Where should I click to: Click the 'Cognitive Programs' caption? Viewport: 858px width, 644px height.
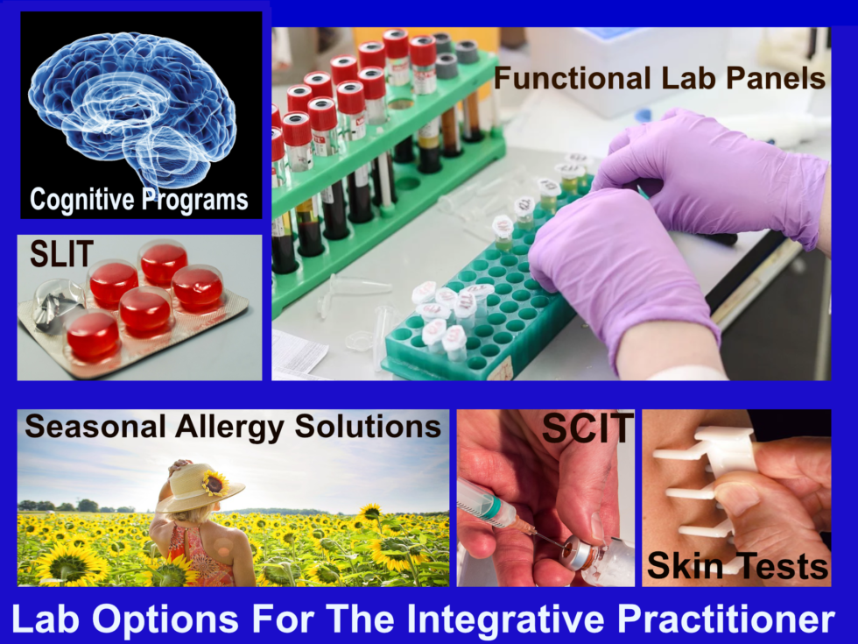click(x=139, y=199)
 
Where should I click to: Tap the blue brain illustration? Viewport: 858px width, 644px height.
click(x=131, y=101)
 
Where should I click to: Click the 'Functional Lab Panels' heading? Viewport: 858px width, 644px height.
click(x=659, y=78)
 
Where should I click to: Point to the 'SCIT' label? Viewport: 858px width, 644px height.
click(x=587, y=428)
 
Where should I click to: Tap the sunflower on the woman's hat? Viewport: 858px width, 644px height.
click(x=214, y=481)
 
